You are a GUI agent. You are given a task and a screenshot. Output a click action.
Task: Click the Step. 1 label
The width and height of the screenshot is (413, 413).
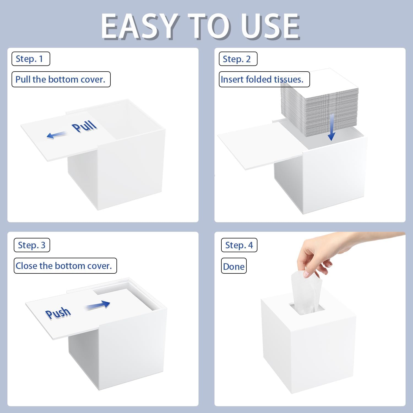pos(31,59)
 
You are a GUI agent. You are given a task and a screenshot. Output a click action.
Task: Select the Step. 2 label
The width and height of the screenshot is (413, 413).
pos(238,59)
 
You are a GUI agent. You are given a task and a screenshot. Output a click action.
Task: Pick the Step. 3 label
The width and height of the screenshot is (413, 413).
pos(32,245)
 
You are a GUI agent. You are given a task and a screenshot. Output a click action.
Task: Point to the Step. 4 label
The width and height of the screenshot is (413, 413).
pos(239,245)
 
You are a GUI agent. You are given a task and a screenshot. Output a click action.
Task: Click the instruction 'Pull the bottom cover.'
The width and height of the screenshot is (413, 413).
pos(61,79)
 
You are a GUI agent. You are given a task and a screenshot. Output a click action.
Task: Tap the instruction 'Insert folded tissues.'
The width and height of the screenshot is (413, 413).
pos(264,79)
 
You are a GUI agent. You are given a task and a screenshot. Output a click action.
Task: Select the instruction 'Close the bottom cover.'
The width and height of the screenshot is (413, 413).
pos(65,266)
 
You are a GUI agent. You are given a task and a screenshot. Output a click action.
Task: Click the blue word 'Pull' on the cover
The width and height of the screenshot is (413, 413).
pos(84,126)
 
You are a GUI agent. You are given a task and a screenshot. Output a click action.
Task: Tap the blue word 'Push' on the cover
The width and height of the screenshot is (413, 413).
pos(58,313)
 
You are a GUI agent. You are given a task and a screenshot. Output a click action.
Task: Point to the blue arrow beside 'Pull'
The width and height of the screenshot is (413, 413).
pos(57,135)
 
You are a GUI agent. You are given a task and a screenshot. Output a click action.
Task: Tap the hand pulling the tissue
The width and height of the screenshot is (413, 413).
pos(341,253)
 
